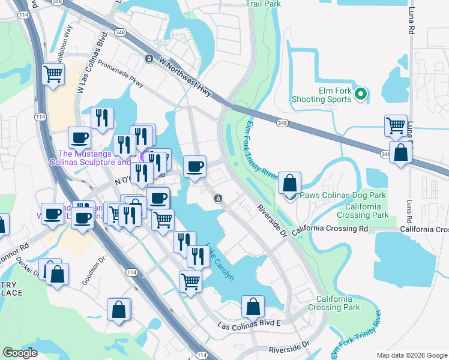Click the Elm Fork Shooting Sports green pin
(x=360, y=94)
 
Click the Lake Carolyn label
(x=220, y=260)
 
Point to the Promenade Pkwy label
(x=121, y=74)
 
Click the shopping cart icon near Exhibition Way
(x=53, y=74)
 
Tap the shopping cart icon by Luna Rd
(x=396, y=125)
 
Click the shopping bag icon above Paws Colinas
(x=289, y=182)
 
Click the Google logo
(x=20, y=353)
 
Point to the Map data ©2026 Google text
(x=411, y=355)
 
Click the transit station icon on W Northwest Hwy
(x=149, y=58)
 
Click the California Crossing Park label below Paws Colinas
(x=363, y=211)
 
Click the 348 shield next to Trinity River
(x=283, y=122)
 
